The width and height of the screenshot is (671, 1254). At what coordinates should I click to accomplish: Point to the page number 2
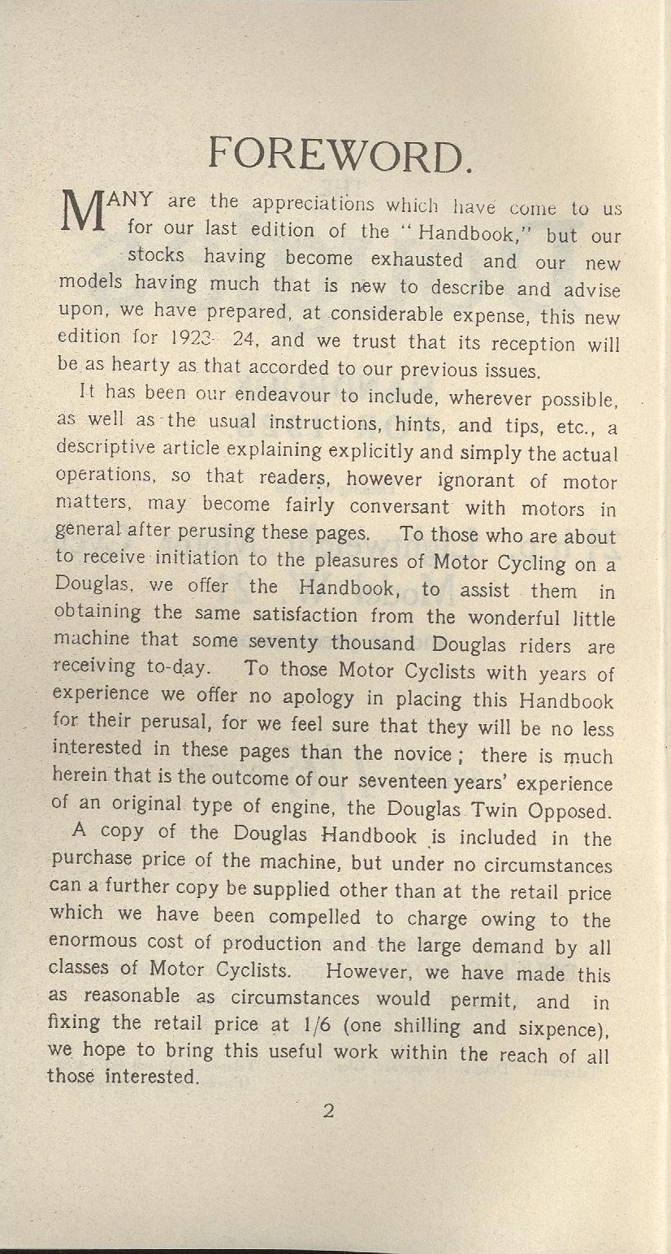(x=328, y=1110)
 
